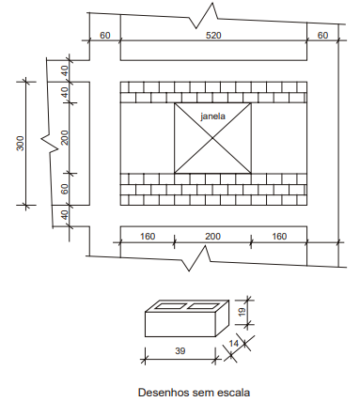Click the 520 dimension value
point(213,35)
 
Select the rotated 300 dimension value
point(20,143)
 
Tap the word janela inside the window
point(212,116)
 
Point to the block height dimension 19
point(242,312)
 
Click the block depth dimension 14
point(233,344)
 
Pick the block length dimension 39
point(180,351)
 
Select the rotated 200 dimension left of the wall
point(64,137)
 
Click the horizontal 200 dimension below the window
point(212,236)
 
